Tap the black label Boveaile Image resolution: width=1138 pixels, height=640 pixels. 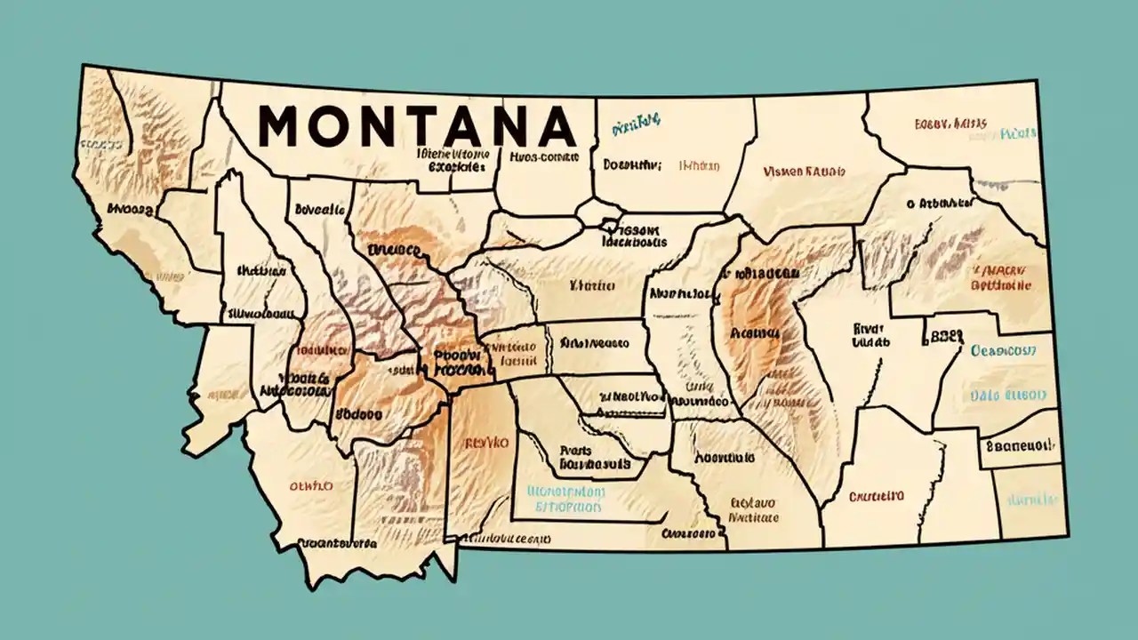point(318,211)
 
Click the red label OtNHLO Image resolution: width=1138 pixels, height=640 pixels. point(309,486)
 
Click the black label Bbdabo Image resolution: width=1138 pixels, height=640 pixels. point(358,414)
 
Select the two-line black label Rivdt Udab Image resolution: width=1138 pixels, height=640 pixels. point(870,333)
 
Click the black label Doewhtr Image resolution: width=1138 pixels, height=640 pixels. point(632,164)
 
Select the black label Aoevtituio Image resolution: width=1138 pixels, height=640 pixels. point(725,458)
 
